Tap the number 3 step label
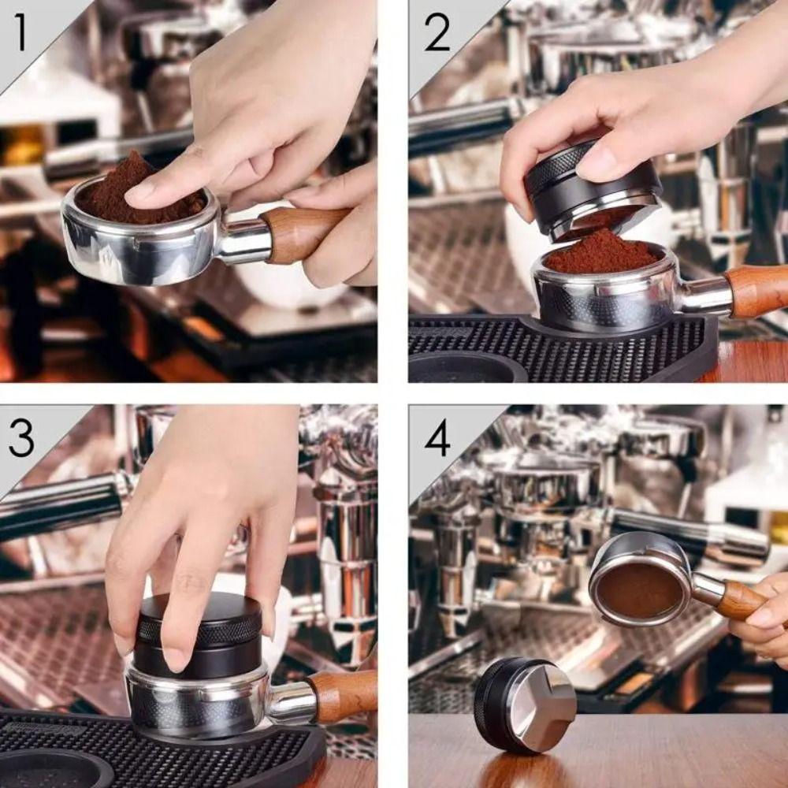[21, 437]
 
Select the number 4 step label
[437, 438]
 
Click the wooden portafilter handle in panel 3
[343, 695]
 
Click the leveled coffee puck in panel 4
[639, 590]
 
